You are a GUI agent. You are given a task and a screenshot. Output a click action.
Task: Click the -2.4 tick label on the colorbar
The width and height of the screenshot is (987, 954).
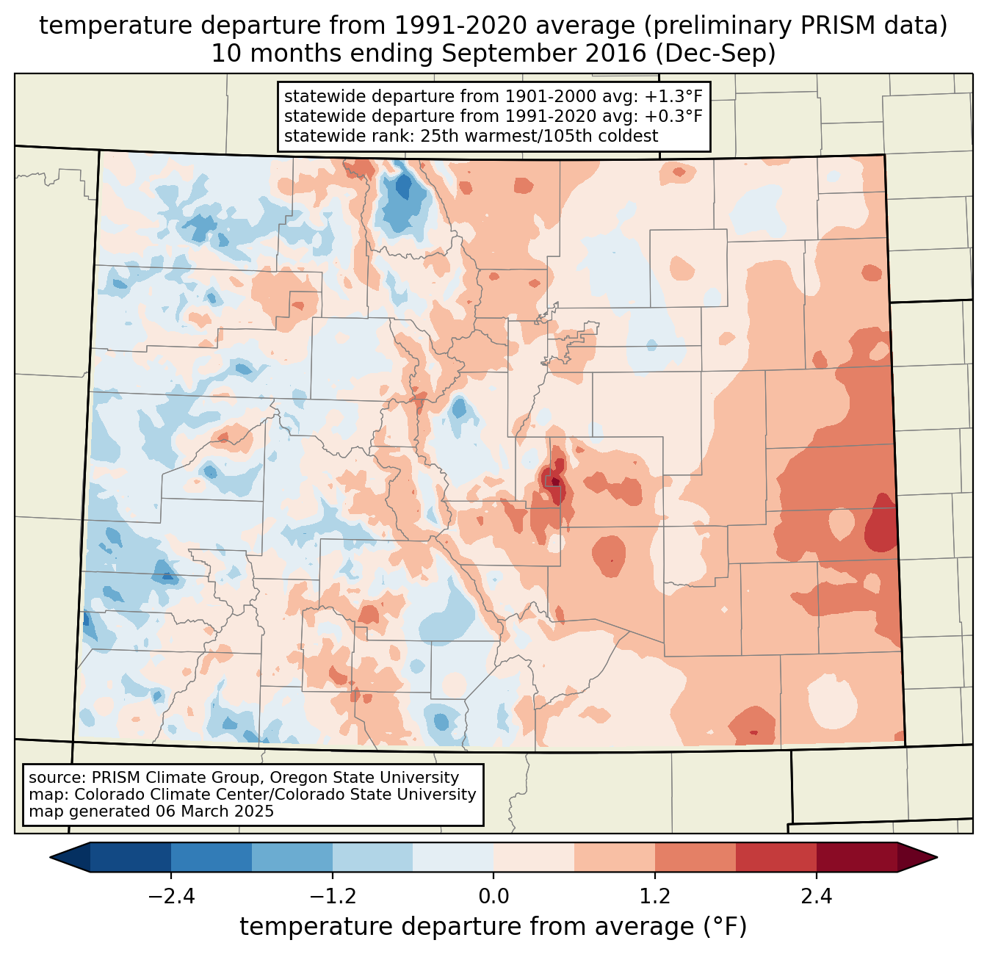(x=171, y=897)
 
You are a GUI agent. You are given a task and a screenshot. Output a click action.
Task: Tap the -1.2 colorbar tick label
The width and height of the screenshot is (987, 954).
(x=333, y=897)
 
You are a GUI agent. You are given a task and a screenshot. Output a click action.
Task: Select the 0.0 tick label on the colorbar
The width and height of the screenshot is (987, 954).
(x=493, y=897)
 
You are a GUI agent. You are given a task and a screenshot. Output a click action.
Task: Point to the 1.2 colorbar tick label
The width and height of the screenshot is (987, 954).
(x=655, y=897)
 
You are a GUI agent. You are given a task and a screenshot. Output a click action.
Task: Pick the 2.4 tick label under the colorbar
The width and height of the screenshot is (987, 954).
(x=816, y=897)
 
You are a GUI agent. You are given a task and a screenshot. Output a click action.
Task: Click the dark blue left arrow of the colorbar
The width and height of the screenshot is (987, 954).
(x=70, y=857)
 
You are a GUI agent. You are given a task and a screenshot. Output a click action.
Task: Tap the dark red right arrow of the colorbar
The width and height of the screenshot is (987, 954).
(x=917, y=857)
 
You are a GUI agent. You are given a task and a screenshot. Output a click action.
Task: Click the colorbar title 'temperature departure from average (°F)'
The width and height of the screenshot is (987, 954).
(x=493, y=927)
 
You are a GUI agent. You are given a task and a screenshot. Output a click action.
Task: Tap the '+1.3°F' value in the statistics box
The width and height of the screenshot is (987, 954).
(x=673, y=97)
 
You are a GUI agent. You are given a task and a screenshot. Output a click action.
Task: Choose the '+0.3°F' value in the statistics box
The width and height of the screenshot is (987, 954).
(x=673, y=116)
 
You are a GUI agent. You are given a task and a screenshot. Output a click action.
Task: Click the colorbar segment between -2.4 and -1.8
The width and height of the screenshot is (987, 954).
(x=211, y=857)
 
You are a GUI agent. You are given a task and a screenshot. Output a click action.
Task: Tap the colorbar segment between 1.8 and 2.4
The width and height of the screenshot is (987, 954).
(x=775, y=857)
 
